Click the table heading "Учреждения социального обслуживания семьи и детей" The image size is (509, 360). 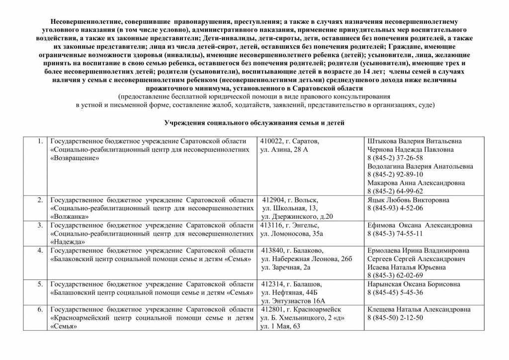(x=254, y=123)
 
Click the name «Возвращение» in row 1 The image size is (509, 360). (x=75, y=158)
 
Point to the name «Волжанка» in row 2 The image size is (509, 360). (x=70, y=216)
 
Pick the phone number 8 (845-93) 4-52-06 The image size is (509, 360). (x=395, y=208)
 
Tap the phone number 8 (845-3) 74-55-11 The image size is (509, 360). (x=395, y=233)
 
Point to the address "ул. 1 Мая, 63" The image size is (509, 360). (x=281, y=326)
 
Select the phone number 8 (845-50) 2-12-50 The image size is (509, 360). (x=395, y=318)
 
